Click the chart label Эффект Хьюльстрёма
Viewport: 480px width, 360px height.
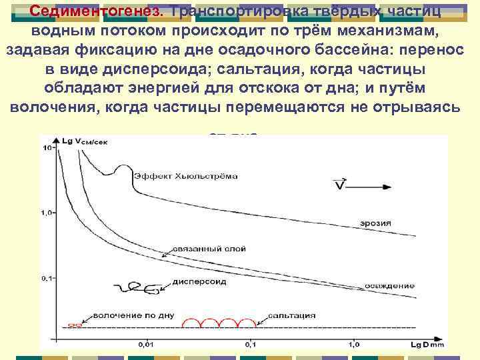(x=185, y=177)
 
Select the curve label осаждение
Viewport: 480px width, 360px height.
(x=391, y=285)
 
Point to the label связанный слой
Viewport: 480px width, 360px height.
(x=209, y=249)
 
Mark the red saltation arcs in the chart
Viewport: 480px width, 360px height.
(x=223, y=322)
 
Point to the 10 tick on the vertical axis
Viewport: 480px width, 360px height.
(x=47, y=148)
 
